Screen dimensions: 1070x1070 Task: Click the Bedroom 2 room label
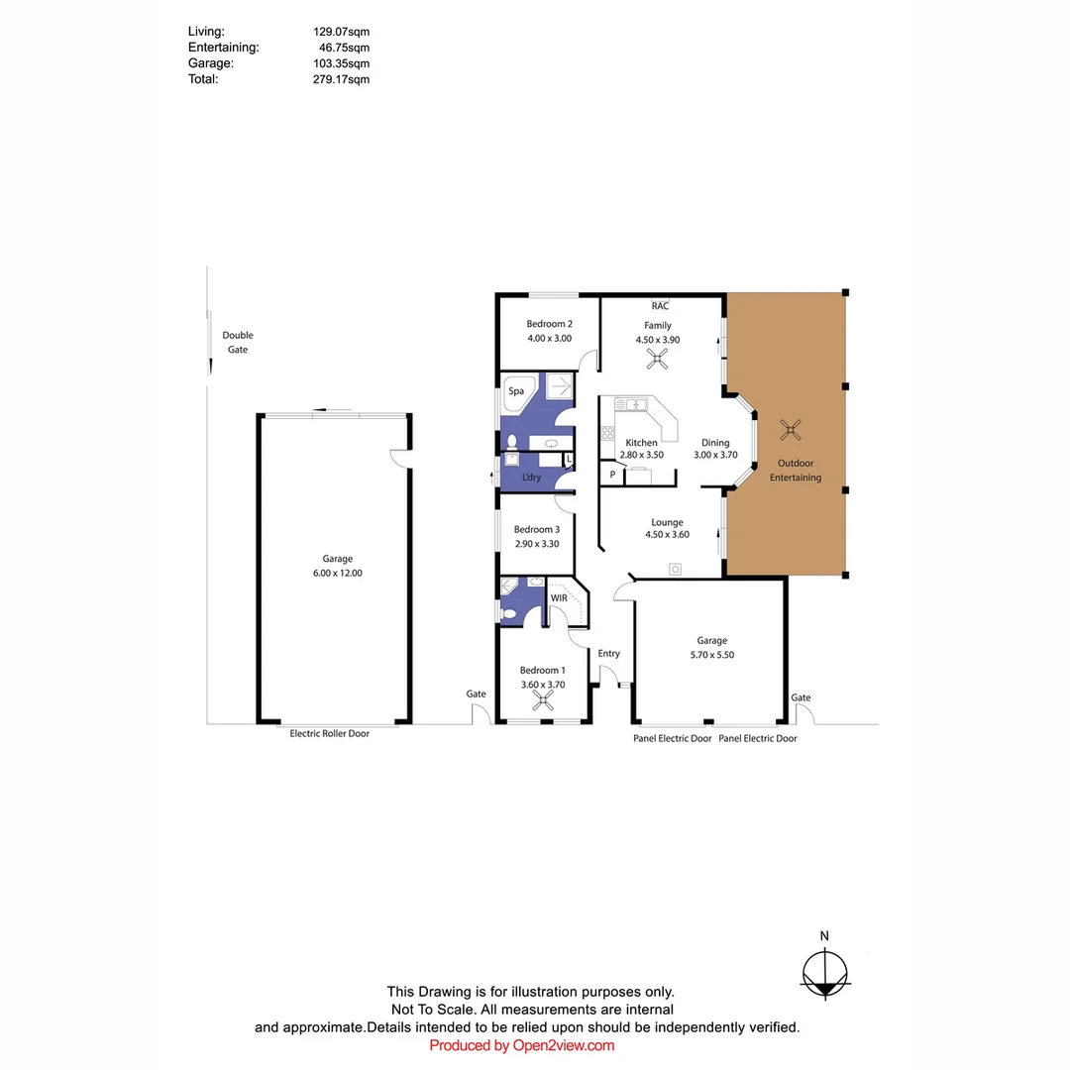[549, 324]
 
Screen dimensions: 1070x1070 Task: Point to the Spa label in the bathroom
[516, 391]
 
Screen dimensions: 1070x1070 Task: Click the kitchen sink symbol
[630, 404]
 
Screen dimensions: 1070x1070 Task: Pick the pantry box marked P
[612, 475]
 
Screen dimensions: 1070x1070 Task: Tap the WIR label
[559, 598]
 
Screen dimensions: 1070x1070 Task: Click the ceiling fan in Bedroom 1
[542, 701]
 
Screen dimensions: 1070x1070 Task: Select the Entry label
[608, 653]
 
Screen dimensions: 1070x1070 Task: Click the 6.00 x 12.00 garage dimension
[337, 573]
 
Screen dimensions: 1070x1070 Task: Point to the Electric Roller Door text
[329, 734]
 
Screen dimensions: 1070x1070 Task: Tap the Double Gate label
[237, 342]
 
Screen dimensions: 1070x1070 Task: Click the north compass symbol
[824, 972]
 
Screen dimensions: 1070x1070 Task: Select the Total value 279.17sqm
[341, 79]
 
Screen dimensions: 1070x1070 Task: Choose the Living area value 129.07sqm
[341, 32]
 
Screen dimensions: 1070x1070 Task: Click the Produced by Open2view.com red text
[522, 1045]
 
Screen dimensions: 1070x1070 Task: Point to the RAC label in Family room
[660, 306]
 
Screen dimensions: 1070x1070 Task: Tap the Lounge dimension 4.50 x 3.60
[667, 535]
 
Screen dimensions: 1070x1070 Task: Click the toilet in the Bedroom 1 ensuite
[509, 614]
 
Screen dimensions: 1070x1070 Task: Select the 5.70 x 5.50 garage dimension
[711, 655]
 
